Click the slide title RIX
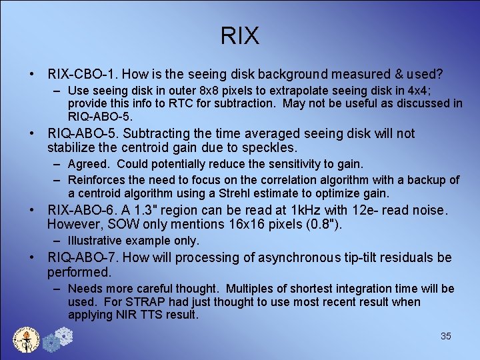(239, 36)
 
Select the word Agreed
(90, 164)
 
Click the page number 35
(446, 336)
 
